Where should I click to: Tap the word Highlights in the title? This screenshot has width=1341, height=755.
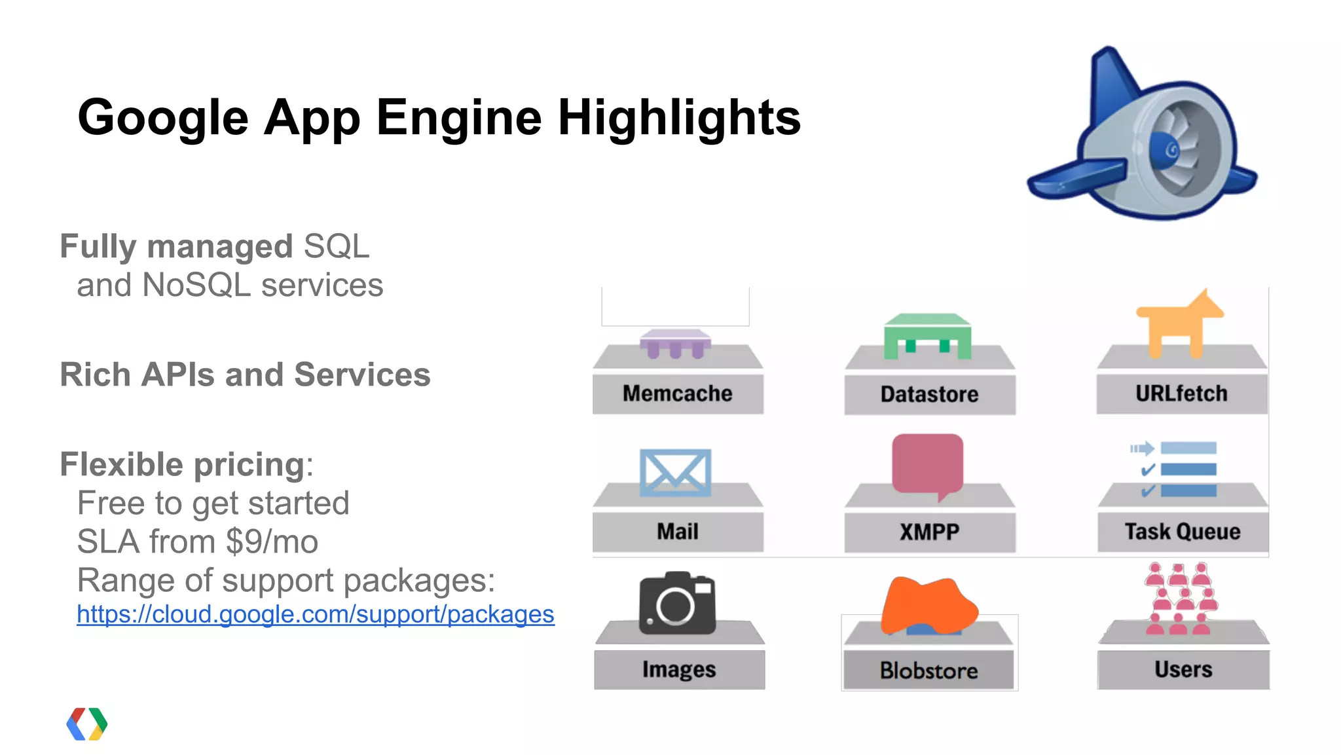679,118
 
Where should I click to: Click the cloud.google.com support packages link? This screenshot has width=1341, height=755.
315,614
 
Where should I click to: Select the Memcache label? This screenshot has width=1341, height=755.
677,394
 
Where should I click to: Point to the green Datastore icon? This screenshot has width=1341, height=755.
927,335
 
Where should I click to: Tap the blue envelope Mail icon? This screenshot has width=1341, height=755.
675,472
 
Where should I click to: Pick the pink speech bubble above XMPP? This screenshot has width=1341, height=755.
927,464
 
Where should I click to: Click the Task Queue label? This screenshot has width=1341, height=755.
1183,532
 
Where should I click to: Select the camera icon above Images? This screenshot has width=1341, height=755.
677,603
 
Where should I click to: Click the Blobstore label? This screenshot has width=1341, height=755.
928,670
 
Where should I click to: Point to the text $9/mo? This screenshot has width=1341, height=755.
272,542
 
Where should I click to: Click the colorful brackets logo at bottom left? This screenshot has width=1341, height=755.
86,724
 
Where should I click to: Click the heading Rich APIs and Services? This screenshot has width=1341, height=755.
245,375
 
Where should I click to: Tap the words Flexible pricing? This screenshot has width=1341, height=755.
182,465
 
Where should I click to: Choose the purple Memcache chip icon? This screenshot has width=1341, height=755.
675,343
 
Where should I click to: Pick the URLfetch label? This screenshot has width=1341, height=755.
1181,394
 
